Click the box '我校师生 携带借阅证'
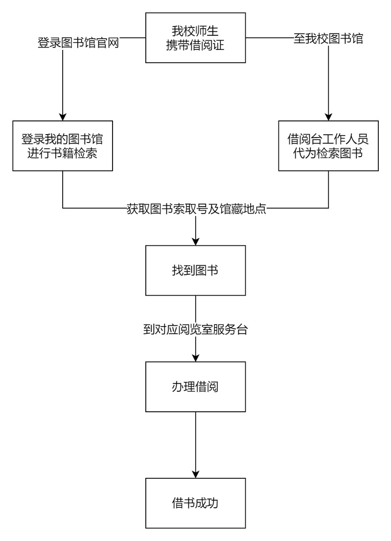pyautogui.click(x=195, y=38)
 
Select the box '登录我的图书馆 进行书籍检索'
pyautogui.click(x=63, y=145)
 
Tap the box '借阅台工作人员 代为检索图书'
pyautogui.click(x=328, y=145)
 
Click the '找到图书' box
pyautogui.click(x=195, y=270)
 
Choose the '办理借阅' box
pyautogui.click(x=195, y=386)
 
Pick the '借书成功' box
pyautogui.click(x=195, y=502)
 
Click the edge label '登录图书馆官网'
pyautogui.click(x=79, y=43)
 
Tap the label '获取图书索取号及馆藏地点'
pyautogui.click(x=196, y=209)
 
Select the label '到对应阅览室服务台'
pyautogui.click(x=195, y=329)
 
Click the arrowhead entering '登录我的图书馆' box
pyautogui.click(x=63, y=116)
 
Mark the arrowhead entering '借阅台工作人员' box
pyautogui.click(x=328, y=116)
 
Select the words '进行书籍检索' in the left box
pyautogui.click(x=63, y=153)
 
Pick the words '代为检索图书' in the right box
pyautogui.click(x=328, y=153)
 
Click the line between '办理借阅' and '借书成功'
pyautogui.click(x=195, y=441)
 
